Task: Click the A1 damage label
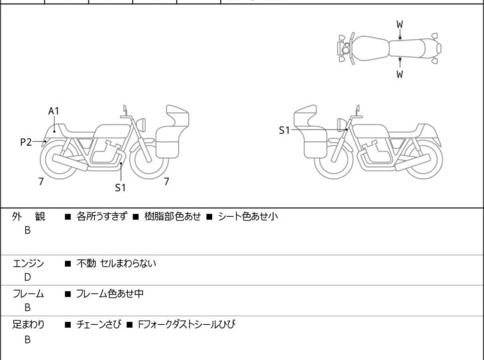54,111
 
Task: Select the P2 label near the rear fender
26,142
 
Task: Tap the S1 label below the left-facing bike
121,187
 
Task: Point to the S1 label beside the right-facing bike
284,130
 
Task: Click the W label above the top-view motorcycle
400,24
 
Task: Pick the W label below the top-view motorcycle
400,74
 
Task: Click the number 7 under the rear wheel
41,182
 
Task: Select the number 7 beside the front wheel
167,182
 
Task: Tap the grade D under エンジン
28,277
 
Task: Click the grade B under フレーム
28,307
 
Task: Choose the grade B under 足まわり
28,339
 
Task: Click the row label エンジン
28,264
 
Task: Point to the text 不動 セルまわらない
117,264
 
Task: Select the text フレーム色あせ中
110,293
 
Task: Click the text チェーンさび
99,325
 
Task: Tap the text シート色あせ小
248,216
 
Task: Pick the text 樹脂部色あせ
172,216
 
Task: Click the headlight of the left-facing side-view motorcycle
141,124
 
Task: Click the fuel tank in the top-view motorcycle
371,48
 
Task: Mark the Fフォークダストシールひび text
187,325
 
